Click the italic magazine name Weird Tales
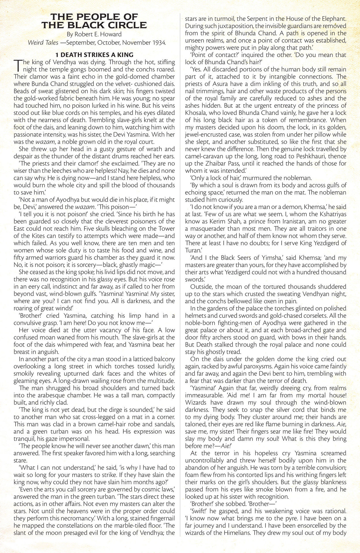(41, 43)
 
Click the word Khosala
(199, 113)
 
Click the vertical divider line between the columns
(180, 276)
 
